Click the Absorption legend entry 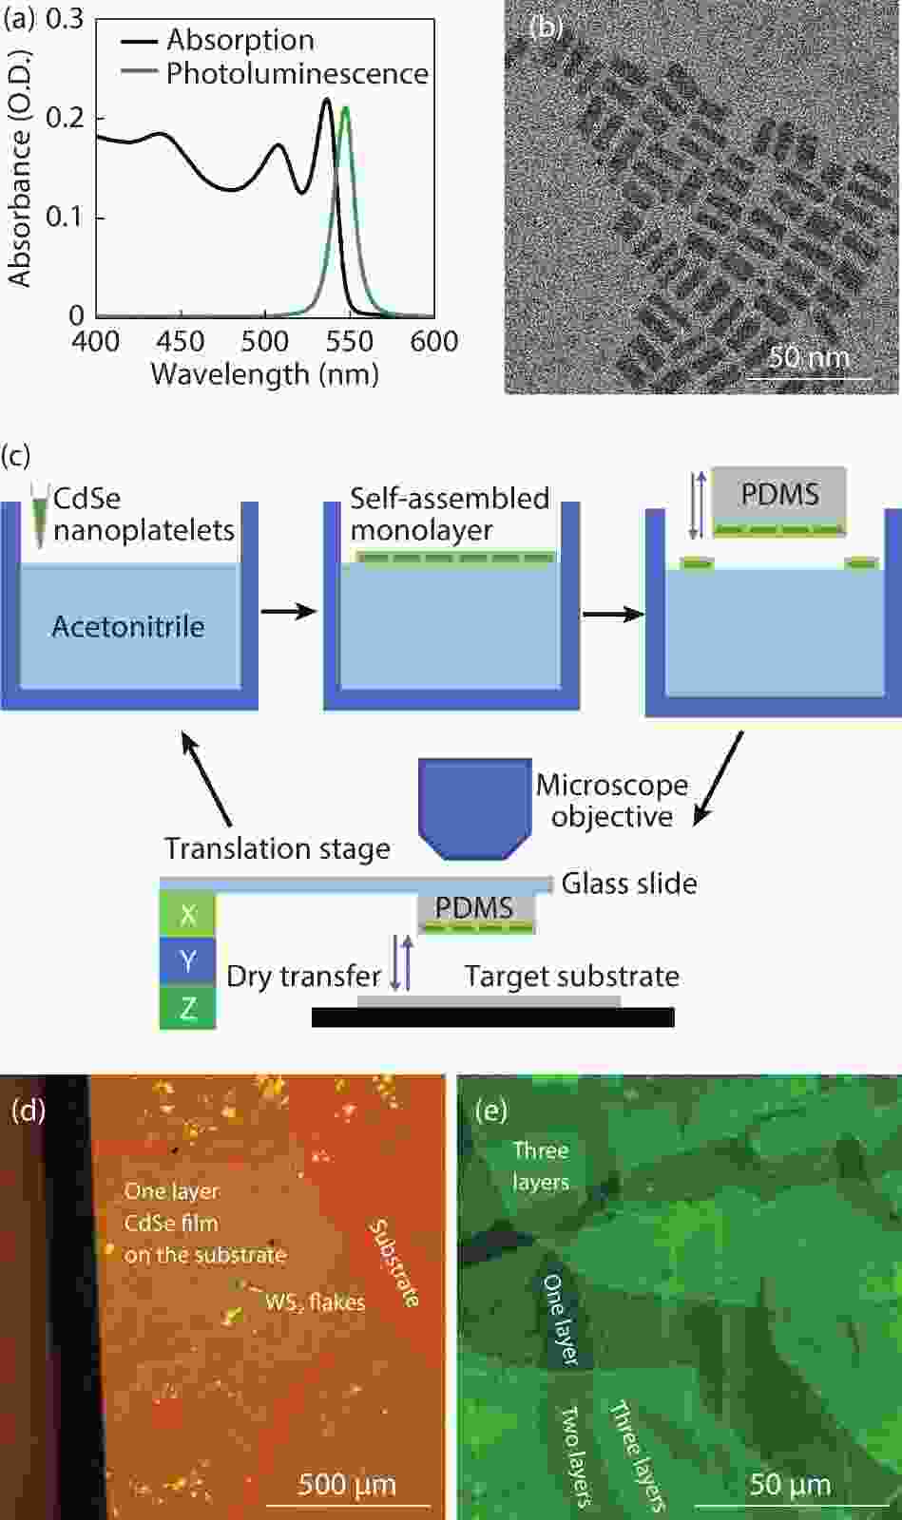[219, 41]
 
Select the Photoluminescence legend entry [276, 73]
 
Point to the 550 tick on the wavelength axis [350, 341]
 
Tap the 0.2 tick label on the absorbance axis [65, 118]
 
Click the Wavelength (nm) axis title [264, 374]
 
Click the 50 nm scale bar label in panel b [809, 357]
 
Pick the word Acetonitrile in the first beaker [128, 626]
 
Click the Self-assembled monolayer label [450, 514]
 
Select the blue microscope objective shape [475, 808]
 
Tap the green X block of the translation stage [187, 915]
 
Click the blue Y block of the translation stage [187, 960]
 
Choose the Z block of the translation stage [187, 1008]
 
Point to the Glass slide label [629, 883]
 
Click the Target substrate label [572, 977]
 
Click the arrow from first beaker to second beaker [289, 612]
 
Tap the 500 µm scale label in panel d [347, 1484]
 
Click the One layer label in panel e [562, 1320]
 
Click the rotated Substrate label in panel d [393, 1263]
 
